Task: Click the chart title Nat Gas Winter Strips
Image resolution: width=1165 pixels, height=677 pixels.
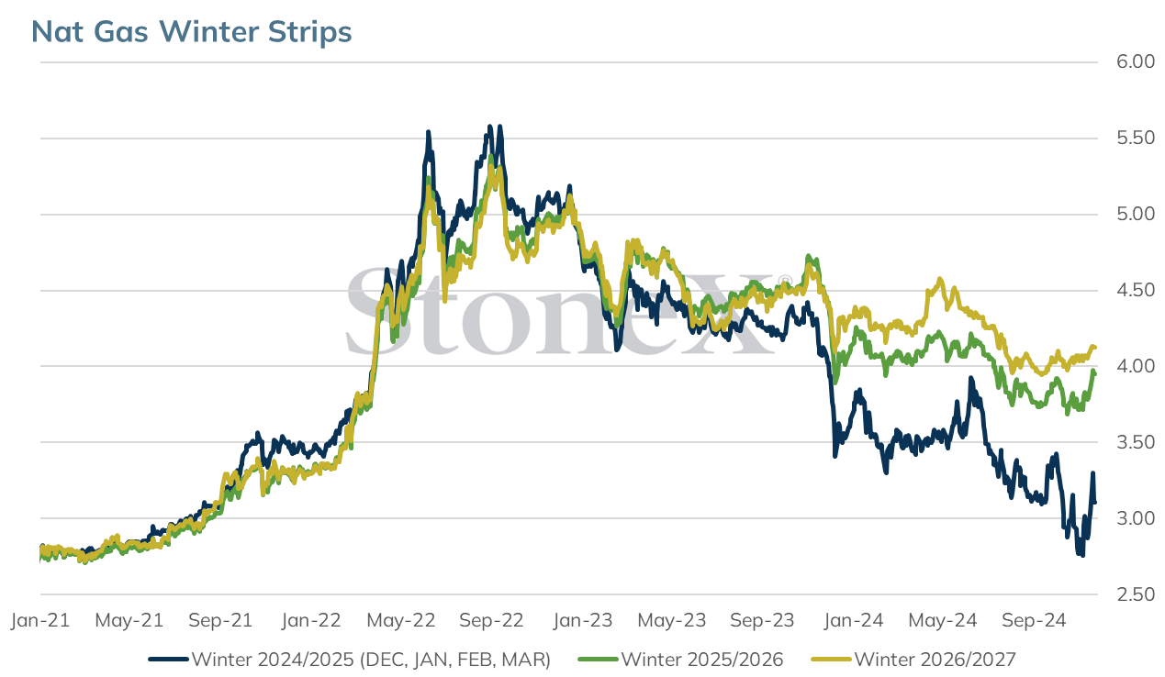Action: pos(191,32)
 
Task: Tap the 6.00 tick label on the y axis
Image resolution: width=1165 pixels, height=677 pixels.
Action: pos(1136,61)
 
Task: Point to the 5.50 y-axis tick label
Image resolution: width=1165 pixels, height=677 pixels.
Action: pos(1136,138)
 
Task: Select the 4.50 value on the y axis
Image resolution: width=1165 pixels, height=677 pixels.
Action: pos(1136,290)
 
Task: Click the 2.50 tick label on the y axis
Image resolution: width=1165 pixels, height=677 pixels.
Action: pos(1136,594)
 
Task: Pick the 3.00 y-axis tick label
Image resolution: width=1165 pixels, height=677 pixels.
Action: pos(1136,518)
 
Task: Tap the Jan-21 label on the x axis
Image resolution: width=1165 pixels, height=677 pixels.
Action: pos(40,620)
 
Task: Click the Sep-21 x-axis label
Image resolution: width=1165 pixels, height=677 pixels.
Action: pos(220,620)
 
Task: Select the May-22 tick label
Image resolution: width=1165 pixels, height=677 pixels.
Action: pos(401,620)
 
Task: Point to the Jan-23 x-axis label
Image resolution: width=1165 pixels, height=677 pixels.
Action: pos(582,620)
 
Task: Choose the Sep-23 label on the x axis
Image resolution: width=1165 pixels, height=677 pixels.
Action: pos(763,620)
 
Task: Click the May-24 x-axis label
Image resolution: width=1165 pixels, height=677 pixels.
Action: pos(943,620)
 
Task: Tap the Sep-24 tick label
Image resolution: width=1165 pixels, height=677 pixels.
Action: pos(1034,620)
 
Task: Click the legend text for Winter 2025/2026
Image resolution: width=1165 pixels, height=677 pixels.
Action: pos(702,660)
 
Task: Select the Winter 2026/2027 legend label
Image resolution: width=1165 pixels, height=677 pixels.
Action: pos(935,660)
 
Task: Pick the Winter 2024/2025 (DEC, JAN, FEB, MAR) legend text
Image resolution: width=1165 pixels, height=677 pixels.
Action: pos(371,660)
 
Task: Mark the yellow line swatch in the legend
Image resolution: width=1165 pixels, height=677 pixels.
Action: pos(831,660)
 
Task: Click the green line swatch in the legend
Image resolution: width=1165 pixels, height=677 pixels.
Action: pos(598,660)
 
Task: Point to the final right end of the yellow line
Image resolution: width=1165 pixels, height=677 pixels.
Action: pos(1095,347)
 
